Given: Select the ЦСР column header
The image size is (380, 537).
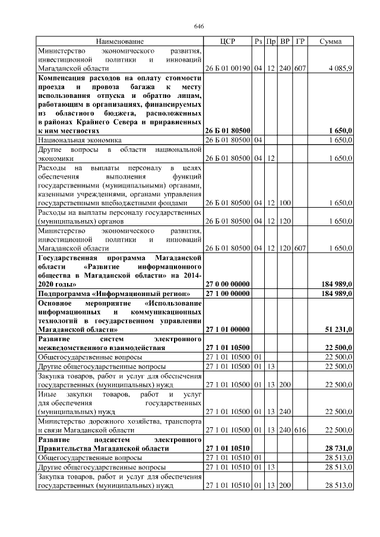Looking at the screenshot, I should (x=227, y=42).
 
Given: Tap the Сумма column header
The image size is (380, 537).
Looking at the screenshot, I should (x=330, y=42).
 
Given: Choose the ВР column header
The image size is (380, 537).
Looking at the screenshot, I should (x=285, y=42).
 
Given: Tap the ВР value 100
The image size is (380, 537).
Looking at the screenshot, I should (x=285, y=203).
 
